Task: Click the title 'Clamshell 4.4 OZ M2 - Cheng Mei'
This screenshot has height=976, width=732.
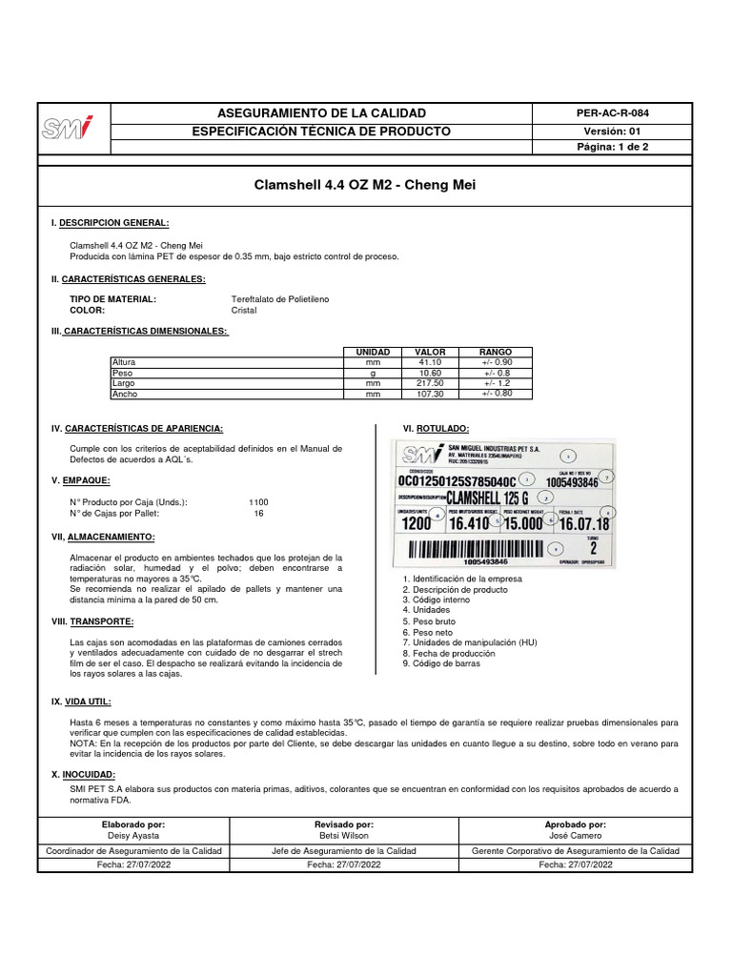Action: point(364,183)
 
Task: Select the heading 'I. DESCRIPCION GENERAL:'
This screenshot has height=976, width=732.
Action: point(110,222)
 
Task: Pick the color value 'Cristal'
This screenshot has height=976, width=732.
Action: point(244,310)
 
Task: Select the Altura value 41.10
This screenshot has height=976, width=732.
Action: point(432,362)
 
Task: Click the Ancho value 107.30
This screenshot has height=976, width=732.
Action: point(432,394)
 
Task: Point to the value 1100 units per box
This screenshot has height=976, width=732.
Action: point(258,501)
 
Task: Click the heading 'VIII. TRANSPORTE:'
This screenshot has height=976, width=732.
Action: point(94,620)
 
